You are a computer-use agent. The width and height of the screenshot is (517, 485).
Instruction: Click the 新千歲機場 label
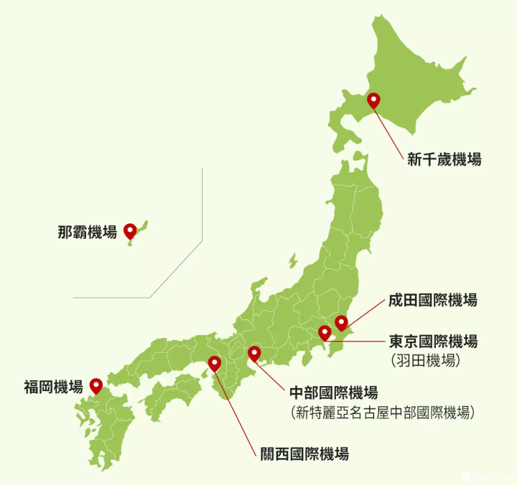point(444,159)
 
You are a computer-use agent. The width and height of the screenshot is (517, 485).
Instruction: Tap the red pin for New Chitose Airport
point(373,101)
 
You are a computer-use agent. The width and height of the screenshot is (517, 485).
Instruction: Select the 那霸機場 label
point(87,232)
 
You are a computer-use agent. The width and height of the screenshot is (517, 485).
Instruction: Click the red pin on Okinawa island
point(130,230)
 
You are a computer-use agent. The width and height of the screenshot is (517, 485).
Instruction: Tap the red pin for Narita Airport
point(341,322)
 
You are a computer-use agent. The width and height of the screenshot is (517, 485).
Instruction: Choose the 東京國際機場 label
point(433,341)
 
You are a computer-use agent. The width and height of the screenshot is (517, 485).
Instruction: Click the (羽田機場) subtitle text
point(426,358)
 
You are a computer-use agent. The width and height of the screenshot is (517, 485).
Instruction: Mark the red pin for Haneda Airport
point(325,332)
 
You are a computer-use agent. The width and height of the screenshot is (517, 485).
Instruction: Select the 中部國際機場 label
point(333,392)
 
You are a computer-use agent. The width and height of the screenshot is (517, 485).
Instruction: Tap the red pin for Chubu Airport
point(253,353)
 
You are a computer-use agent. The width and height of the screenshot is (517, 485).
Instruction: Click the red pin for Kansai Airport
point(214,363)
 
